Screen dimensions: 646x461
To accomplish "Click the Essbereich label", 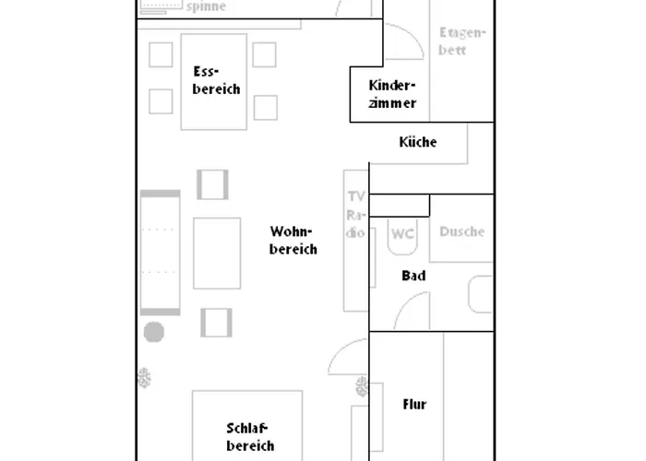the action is pyautogui.click(x=216, y=80).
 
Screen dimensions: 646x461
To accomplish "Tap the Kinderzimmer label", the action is pyautogui.click(x=392, y=94).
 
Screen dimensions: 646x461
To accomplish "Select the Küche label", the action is pyautogui.click(x=418, y=142).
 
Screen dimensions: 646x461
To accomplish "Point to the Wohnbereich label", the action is pyautogui.click(x=293, y=240).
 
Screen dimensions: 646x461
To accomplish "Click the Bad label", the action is pyautogui.click(x=413, y=276).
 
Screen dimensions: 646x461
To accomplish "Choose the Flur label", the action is pyautogui.click(x=414, y=404).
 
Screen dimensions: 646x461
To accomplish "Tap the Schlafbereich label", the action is pyautogui.click(x=250, y=437).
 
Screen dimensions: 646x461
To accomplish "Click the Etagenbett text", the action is pyautogui.click(x=462, y=41).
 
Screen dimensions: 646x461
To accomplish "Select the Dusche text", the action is pyautogui.click(x=461, y=231).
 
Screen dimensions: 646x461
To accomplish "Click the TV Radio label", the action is pyautogui.click(x=355, y=214).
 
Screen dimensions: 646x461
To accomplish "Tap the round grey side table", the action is pyautogui.click(x=154, y=332).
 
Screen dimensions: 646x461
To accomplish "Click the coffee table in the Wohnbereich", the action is pyautogui.click(x=217, y=254).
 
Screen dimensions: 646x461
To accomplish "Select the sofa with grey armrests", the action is pyautogui.click(x=161, y=253).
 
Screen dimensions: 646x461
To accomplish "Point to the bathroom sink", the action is pyautogui.click(x=481, y=294).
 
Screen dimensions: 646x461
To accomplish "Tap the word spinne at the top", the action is pyautogui.click(x=206, y=6).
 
